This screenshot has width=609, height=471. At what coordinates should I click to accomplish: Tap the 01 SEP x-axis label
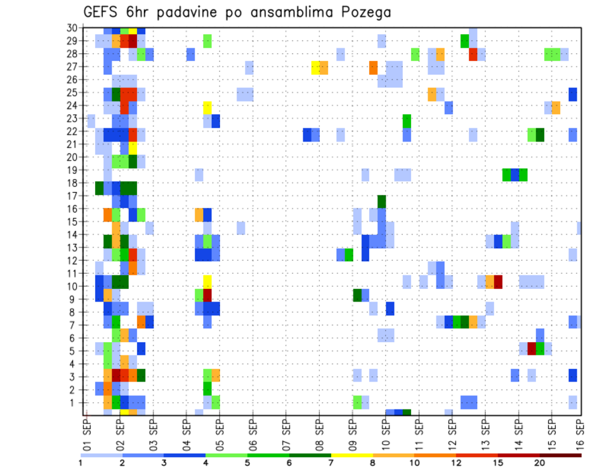[87, 434]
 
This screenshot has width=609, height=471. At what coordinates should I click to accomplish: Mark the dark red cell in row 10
[498, 281]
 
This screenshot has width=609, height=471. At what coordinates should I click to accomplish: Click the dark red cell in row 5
[532, 348]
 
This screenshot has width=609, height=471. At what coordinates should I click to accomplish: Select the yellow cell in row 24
[207, 106]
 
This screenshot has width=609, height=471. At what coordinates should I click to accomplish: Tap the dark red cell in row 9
[207, 295]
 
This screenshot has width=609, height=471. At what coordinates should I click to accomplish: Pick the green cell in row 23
[407, 119]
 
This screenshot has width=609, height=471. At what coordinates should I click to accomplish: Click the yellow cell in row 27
[315, 67]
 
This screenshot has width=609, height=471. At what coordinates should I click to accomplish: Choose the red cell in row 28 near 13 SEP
[473, 54]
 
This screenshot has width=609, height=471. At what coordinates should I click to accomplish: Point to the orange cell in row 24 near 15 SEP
[556, 106]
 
